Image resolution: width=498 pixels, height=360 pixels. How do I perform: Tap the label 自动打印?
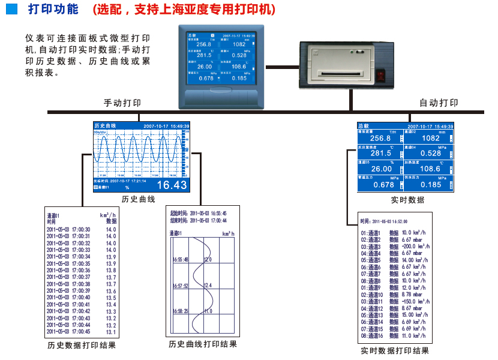coord(439,103)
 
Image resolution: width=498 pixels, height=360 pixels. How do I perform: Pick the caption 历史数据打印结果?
coord(82,346)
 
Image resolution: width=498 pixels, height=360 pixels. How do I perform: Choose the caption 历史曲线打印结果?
coord(203,344)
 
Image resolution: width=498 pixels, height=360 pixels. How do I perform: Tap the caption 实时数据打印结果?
coord(395,351)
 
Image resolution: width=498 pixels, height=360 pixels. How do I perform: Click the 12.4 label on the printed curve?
coord(208,285)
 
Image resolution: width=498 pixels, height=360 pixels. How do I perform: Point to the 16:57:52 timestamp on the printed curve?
coord(180,285)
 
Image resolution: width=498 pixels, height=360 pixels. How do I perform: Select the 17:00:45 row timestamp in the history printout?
coord(68,332)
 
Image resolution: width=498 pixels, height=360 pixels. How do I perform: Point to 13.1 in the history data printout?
coord(111,332)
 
